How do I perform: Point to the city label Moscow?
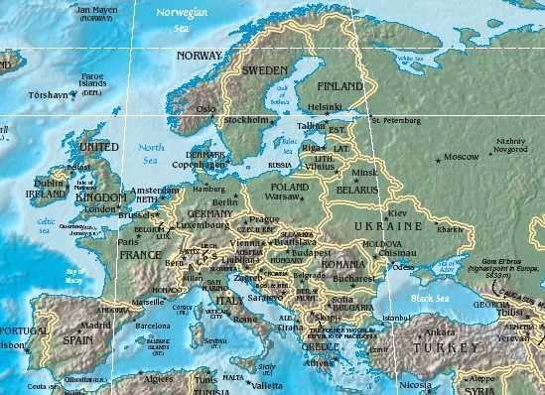[461, 157]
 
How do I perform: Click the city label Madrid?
[95, 325]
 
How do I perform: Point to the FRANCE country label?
[141, 254]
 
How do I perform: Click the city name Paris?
[128, 241]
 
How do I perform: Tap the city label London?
[100, 209]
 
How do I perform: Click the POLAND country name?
[290, 186]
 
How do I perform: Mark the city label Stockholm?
[247, 119]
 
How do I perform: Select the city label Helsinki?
[326, 106]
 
